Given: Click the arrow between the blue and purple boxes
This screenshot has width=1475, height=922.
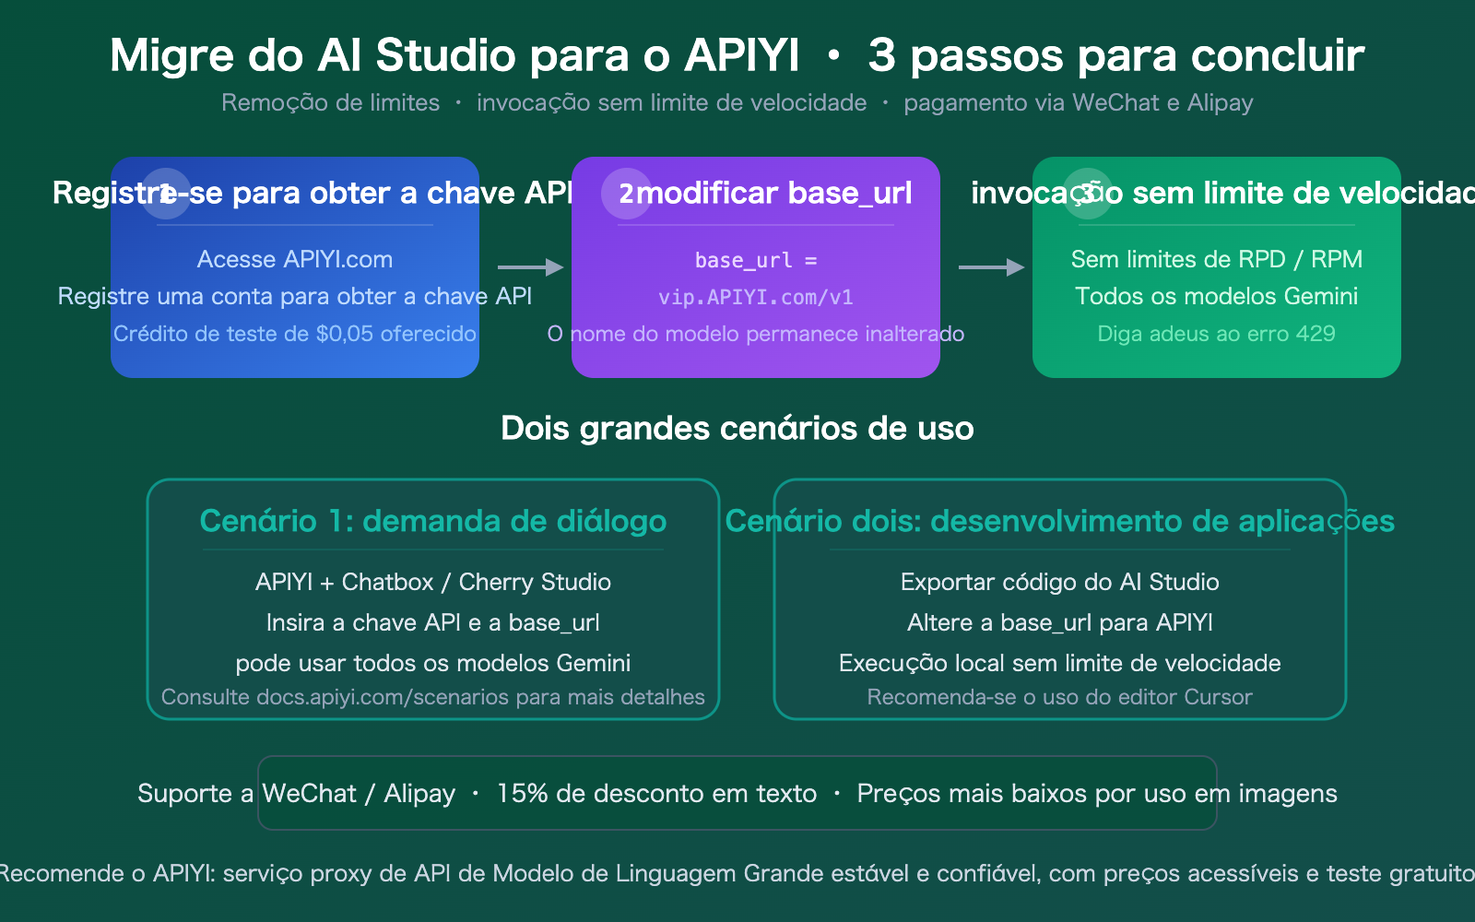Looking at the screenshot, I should [530, 267].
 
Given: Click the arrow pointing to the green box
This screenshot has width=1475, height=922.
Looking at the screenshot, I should [991, 267].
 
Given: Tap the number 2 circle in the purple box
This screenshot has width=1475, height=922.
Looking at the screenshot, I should [626, 194].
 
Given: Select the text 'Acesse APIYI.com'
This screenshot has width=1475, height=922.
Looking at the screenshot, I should [295, 259].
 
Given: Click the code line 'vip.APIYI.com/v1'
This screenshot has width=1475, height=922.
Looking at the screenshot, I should [756, 297].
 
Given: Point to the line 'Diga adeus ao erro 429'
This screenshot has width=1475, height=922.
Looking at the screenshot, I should [1216, 334].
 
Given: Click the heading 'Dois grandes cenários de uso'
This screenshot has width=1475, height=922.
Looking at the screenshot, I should [737, 429].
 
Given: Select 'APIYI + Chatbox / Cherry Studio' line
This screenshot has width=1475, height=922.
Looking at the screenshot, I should [433, 582].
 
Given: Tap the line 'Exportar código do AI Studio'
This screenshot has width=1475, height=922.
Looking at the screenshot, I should [1060, 582].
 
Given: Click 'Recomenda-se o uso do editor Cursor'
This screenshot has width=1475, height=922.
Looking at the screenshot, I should [1060, 697].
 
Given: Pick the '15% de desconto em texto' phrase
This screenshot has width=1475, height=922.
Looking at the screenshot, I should [656, 794].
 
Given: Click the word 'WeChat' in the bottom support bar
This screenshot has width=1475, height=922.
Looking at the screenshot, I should [309, 794].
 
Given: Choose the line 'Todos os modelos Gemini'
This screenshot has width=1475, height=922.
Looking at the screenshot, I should [1216, 296].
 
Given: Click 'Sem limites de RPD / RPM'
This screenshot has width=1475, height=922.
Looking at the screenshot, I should [1216, 259].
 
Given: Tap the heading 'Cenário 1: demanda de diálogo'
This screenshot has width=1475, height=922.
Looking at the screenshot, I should [433, 521].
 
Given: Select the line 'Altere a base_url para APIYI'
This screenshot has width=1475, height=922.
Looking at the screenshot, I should [1060, 622].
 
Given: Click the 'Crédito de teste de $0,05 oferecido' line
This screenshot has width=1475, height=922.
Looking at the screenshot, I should [295, 334].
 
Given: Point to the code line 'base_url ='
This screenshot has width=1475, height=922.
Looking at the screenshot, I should [756, 261].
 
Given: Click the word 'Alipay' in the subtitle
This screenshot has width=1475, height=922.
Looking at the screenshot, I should [1220, 102].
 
